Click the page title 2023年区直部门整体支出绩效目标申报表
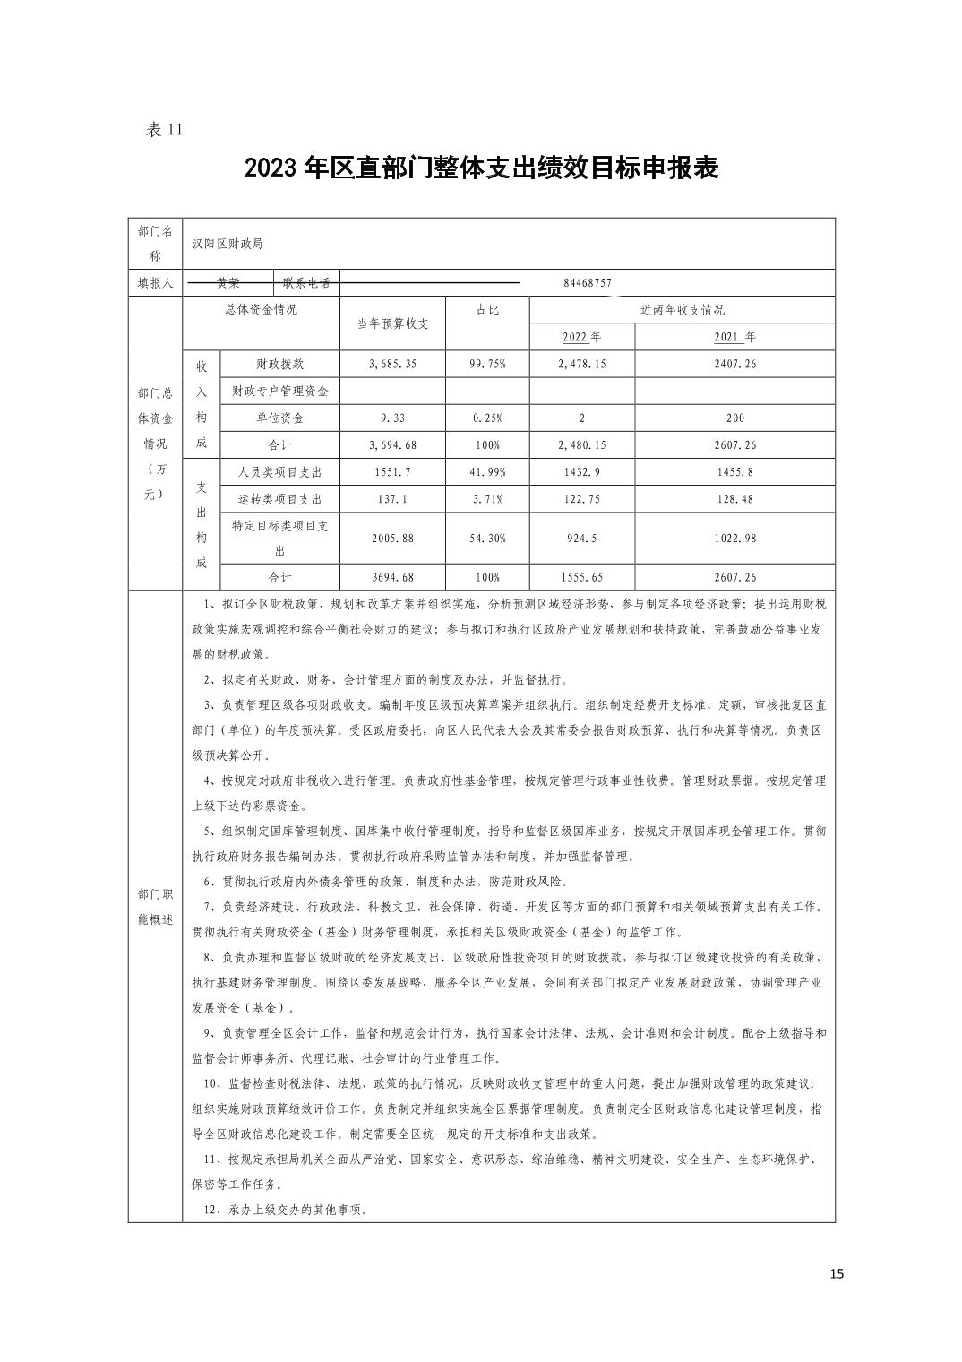click(x=481, y=168)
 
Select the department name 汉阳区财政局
click(x=228, y=244)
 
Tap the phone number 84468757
click(x=588, y=283)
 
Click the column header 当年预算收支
click(x=392, y=323)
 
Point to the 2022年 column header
click(x=581, y=338)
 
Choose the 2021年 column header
click(x=734, y=338)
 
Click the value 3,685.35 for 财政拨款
click(x=392, y=365)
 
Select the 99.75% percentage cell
click(x=487, y=365)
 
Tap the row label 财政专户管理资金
click(x=279, y=392)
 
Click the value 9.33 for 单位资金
click(x=392, y=418)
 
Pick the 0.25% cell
click(x=487, y=418)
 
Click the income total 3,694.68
click(x=392, y=445)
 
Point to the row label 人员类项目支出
click(x=279, y=472)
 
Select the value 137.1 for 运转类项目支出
click(x=392, y=499)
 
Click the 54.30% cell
click(x=487, y=539)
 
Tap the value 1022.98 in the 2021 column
click(x=734, y=539)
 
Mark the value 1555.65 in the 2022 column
click(x=581, y=578)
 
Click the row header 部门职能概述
click(x=155, y=907)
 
